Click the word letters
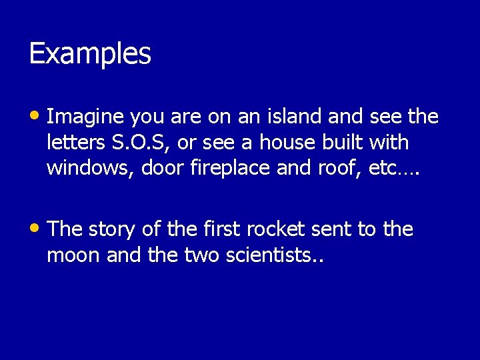coord(73,143)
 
